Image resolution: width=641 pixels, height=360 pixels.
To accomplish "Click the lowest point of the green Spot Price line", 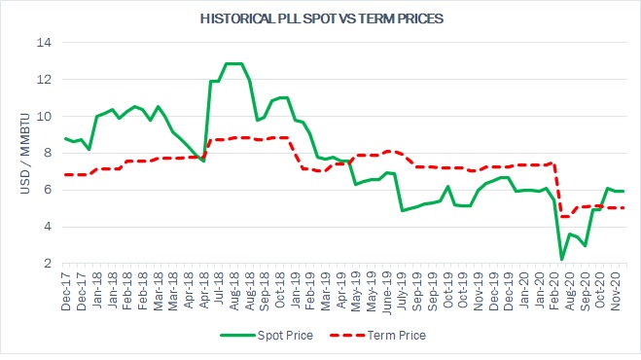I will [x=562, y=259].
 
